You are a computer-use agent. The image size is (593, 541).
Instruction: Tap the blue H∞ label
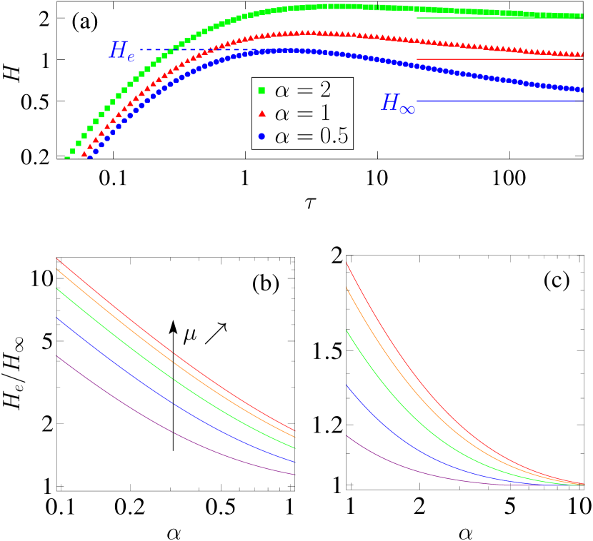pos(398,104)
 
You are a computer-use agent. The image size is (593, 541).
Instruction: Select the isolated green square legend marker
pos(261,91)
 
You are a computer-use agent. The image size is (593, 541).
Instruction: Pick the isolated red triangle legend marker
pos(261,113)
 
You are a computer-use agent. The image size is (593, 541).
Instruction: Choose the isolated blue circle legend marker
pos(261,136)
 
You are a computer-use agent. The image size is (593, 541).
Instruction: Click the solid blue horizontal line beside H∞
pos(500,101)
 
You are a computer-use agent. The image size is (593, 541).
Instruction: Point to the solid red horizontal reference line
pos(500,59)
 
